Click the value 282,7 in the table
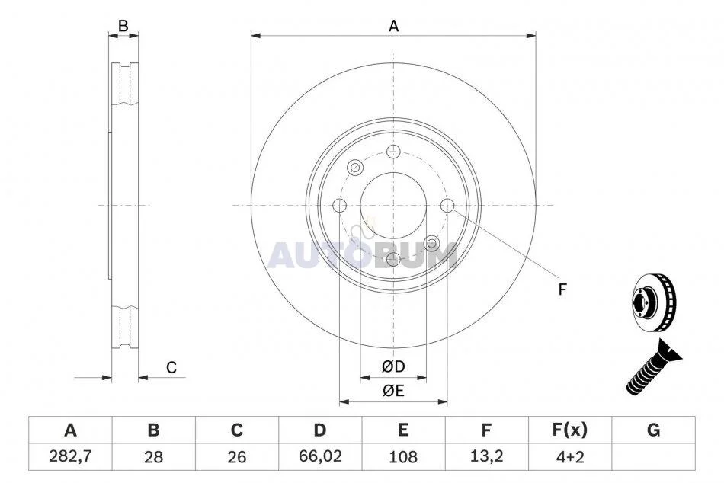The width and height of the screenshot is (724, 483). (x=70, y=456)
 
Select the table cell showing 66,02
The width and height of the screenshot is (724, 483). (x=320, y=456)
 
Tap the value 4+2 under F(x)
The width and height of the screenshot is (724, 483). (x=570, y=456)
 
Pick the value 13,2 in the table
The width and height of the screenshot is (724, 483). (x=485, y=456)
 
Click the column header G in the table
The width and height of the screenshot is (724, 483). (x=653, y=430)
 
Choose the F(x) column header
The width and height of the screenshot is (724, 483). (x=570, y=430)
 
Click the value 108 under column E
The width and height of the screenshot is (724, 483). (x=403, y=456)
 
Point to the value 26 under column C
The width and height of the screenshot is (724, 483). (x=236, y=456)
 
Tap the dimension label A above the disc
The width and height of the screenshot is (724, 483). (x=393, y=27)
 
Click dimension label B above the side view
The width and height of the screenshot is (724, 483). (x=123, y=26)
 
